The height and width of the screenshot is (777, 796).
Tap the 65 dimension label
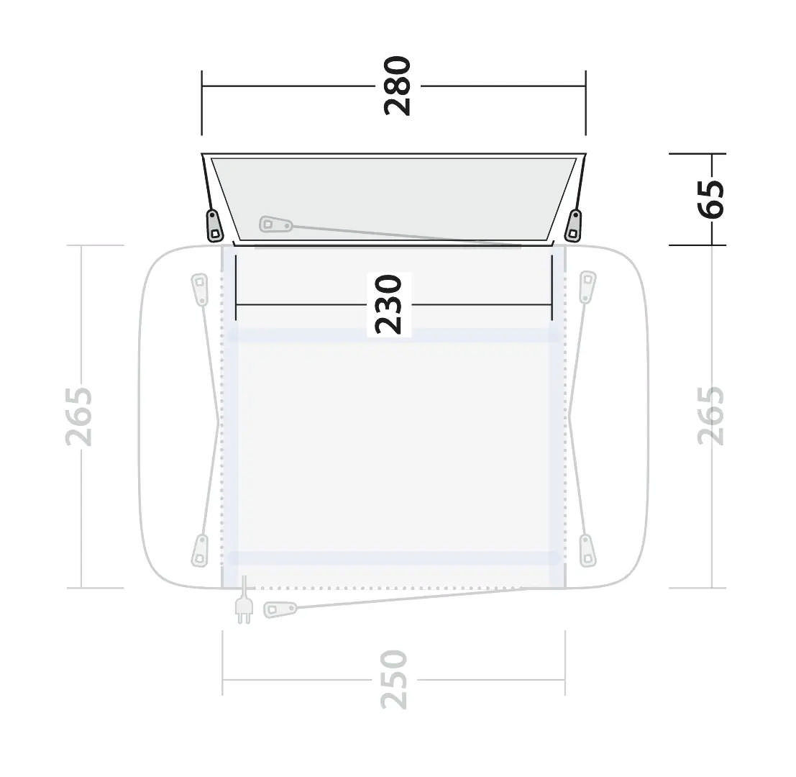(x=710, y=199)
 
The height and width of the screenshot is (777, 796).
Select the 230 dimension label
(x=388, y=305)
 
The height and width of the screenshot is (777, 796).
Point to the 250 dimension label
(x=394, y=679)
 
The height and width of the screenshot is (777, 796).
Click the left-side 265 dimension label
(x=79, y=417)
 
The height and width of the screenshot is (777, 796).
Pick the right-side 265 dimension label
(x=710, y=417)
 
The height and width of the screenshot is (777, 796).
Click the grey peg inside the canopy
(x=275, y=224)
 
